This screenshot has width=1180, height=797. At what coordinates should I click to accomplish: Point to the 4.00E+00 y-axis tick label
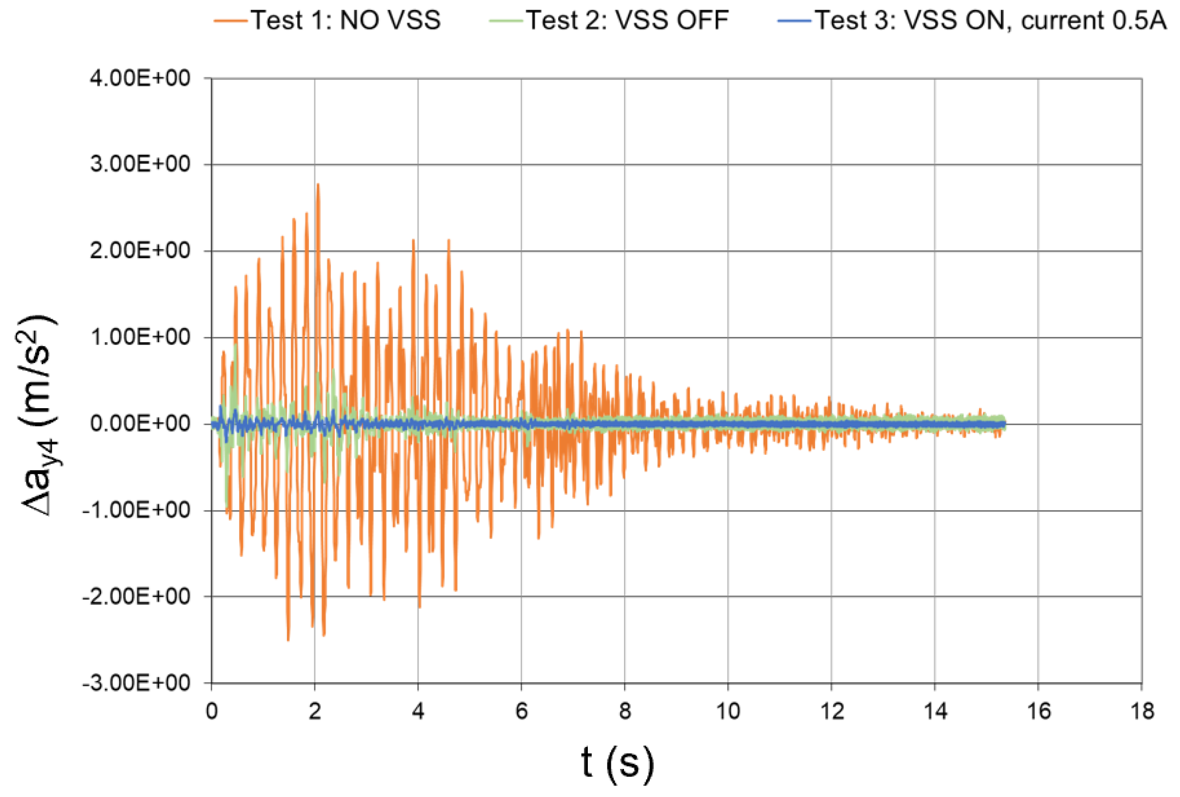point(141,78)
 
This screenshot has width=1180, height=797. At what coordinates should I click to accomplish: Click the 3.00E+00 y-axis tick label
point(141,164)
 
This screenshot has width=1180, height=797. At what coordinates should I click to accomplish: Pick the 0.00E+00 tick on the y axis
point(141,423)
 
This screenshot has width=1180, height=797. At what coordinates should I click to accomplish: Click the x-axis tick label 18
point(1142,711)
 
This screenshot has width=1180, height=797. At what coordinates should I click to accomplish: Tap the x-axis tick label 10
point(728,711)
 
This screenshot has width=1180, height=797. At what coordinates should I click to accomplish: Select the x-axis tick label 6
point(521,711)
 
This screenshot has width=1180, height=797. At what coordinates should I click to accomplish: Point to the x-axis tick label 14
point(935,711)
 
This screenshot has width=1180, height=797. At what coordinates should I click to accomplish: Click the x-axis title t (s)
point(618,763)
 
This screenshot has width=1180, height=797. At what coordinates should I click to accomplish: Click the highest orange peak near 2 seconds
point(318,185)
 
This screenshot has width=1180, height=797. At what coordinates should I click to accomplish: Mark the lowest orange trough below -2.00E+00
point(288,639)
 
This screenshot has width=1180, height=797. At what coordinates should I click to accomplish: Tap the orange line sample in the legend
point(231,21)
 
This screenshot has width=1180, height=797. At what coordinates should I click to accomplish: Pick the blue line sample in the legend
point(794,21)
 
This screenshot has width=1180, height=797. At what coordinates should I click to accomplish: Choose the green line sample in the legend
point(506,21)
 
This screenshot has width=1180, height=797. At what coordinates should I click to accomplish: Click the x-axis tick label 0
point(211,711)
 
